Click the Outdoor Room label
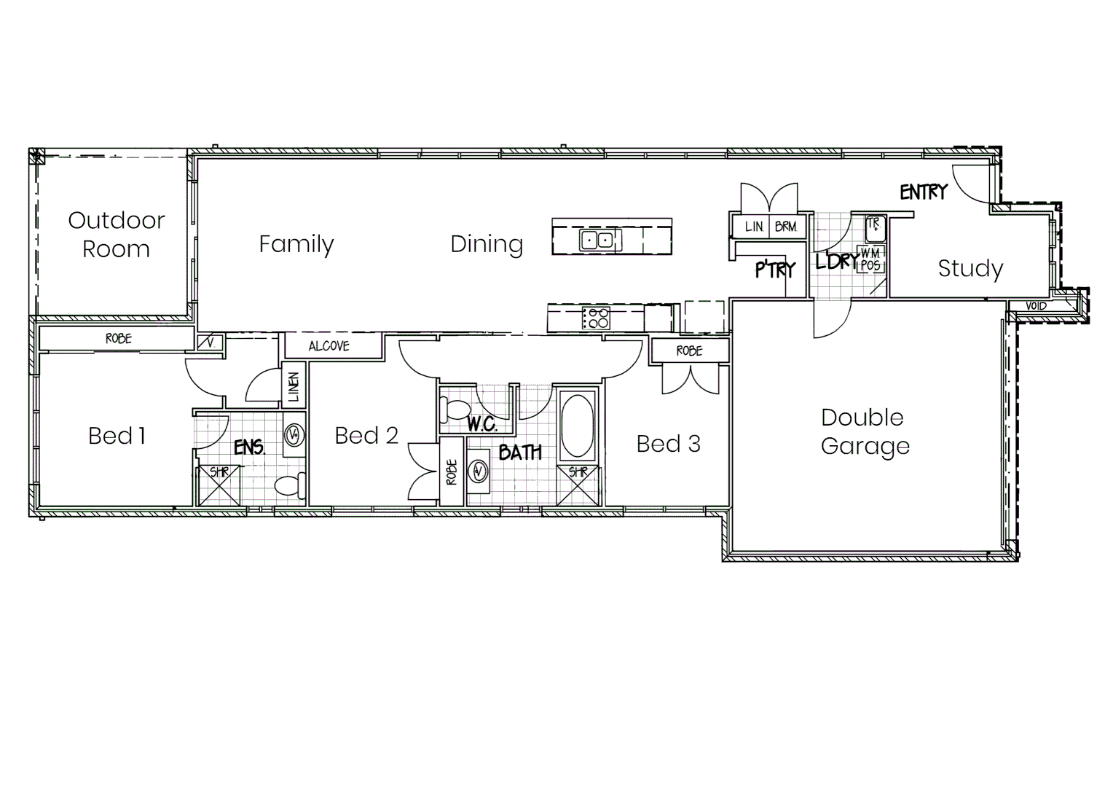tap(117, 234)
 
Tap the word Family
tap(296, 244)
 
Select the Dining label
tap(487, 244)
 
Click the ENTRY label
tap(924, 192)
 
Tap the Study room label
tap(970, 269)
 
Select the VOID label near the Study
tap(1036, 306)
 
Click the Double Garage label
tap(865, 431)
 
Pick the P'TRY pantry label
tap(775, 270)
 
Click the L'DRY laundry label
tap(836, 261)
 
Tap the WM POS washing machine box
tap(871, 259)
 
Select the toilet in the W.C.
tap(455, 410)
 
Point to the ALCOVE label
tap(329, 346)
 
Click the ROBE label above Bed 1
tap(119, 339)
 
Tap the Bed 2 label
tap(366, 436)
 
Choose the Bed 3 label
tap(668, 444)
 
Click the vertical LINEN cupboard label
tap(294, 387)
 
